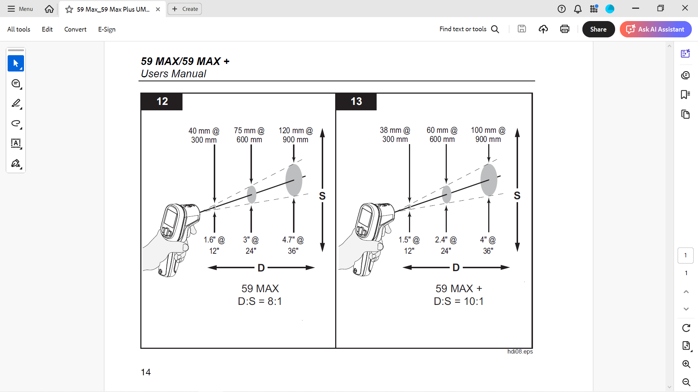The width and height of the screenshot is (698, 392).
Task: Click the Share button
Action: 598,29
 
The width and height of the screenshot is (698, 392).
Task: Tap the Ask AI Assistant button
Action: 656,29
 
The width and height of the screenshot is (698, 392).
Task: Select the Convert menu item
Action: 75,29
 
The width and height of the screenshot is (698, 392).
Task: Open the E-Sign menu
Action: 107,29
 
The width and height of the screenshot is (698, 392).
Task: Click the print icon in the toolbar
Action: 565,29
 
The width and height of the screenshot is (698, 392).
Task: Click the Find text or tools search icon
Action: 495,29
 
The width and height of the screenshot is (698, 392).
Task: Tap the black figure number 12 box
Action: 162,101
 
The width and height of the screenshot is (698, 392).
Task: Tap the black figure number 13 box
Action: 356,101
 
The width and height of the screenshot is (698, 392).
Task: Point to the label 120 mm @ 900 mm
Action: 296,135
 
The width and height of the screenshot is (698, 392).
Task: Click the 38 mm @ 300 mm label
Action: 395,135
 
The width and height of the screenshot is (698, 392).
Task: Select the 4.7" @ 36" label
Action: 293,245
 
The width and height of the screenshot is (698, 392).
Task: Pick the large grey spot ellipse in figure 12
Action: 294,180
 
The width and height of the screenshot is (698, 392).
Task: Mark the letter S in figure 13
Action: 517,196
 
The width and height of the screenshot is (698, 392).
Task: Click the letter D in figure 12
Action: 261,268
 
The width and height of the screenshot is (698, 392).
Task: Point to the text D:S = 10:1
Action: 459,301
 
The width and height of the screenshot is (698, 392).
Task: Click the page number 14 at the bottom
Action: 146,372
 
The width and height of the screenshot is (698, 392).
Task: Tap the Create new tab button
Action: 185,9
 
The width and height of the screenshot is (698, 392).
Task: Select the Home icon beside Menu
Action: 49,9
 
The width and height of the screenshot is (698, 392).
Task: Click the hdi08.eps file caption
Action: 520,351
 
